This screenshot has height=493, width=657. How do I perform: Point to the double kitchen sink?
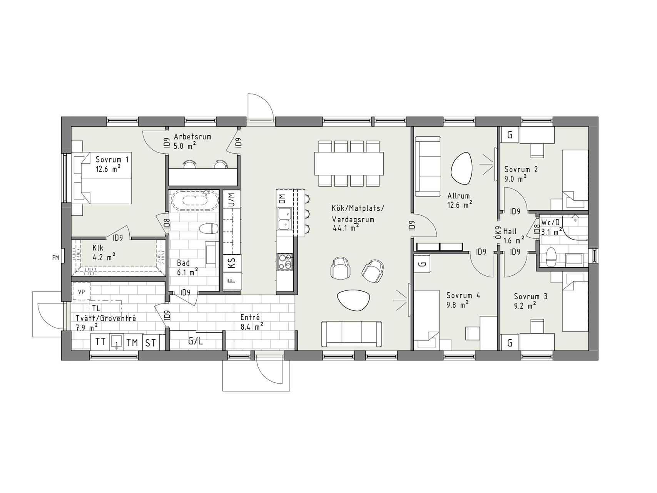(284, 219)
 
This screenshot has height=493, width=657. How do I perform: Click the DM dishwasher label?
(283, 199)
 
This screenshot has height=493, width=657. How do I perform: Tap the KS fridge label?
(231, 264)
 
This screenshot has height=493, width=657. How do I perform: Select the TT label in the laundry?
(100, 342)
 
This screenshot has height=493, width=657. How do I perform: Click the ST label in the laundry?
(150, 342)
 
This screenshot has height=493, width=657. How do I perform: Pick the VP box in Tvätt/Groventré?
(81, 292)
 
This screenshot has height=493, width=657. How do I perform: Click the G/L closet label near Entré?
(196, 341)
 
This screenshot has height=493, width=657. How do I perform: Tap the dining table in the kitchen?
(349, 163)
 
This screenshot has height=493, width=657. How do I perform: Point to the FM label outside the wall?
(55, 258)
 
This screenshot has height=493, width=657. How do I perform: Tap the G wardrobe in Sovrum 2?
(510, 135)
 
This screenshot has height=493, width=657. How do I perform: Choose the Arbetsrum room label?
(192, 136)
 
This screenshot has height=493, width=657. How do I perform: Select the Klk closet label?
(97, 248)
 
